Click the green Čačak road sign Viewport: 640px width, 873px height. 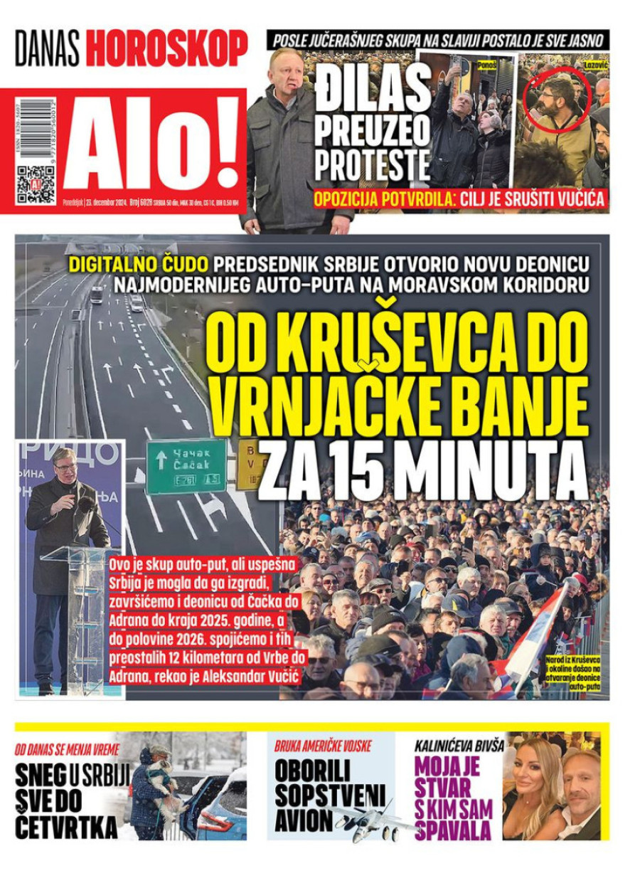186,465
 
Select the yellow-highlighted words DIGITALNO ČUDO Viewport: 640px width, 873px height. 139,265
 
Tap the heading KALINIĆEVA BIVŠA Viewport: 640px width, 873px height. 459,746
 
